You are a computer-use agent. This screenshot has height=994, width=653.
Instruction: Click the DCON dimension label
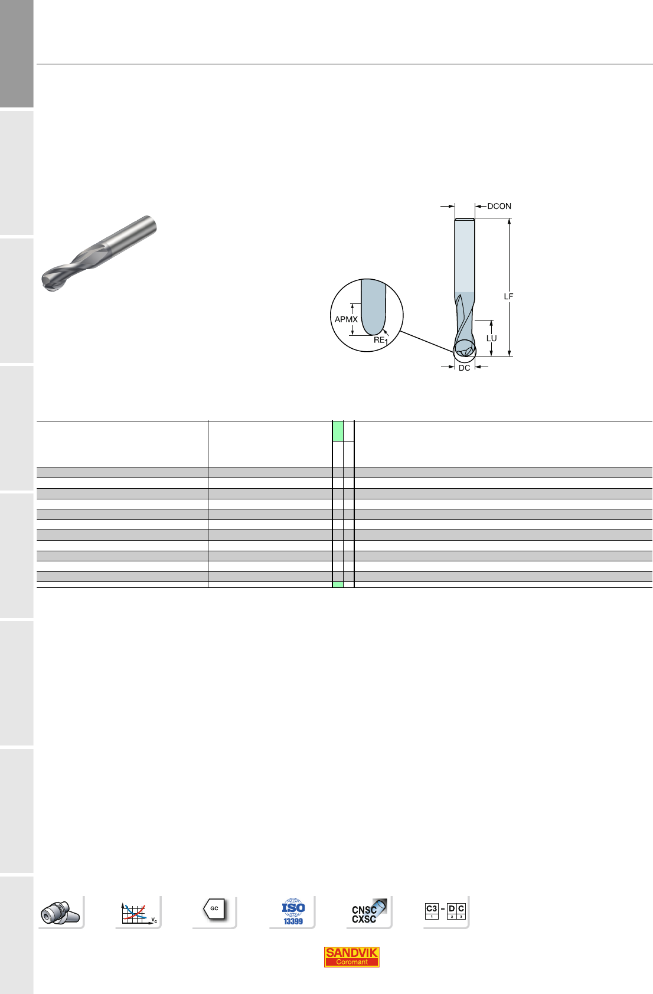tap(499, 206)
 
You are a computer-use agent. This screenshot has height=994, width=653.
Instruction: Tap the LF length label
tap(508, 296)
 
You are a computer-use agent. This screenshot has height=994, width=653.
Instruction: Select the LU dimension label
tap(491, 338)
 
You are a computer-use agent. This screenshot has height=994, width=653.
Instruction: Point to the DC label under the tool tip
tap(464, 368)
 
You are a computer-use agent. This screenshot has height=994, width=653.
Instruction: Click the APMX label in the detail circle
tap(346, 319)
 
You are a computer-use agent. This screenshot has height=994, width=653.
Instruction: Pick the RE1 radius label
tap(380, 341)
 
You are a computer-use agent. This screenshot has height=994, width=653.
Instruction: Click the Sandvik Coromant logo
tap(351, 957)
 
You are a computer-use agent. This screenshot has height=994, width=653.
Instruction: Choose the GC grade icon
tap(214, 909)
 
